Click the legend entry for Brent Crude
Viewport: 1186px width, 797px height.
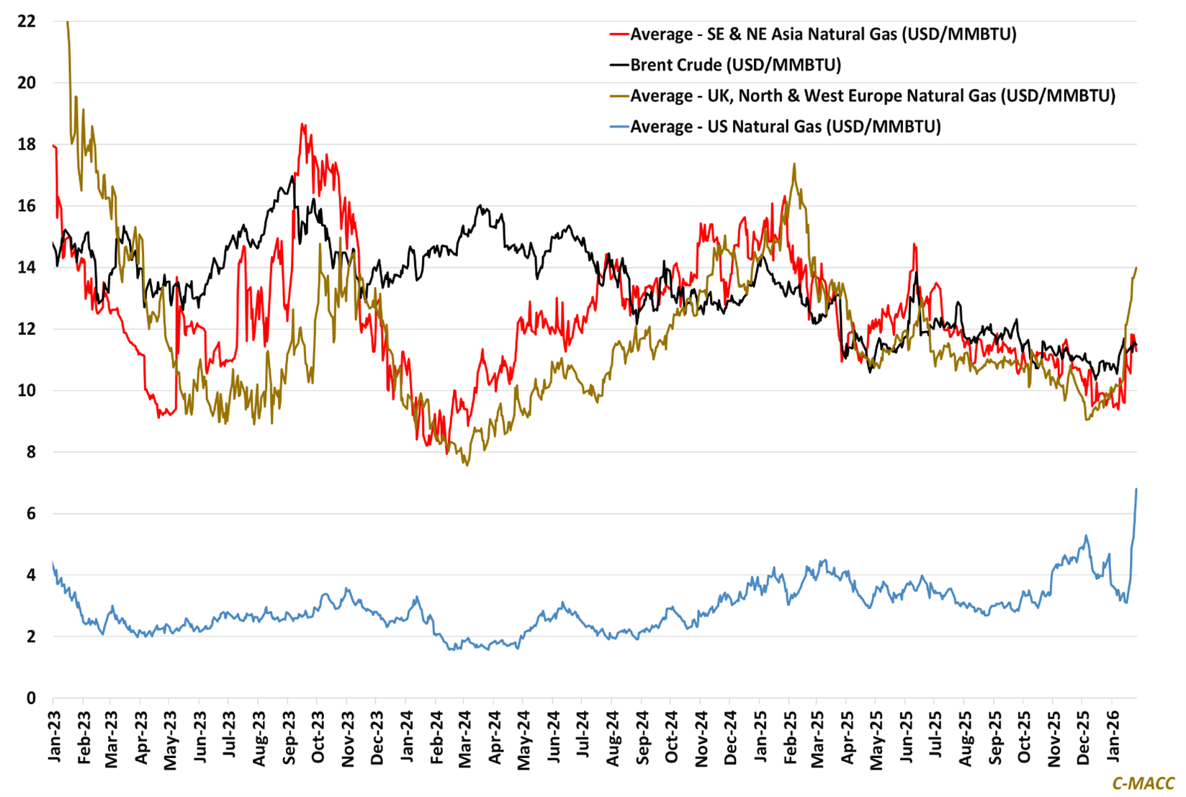(x=735, y=65)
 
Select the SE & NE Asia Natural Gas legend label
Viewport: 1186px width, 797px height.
(x=823, y=34)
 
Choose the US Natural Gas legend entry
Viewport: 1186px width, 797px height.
(x=786, y=127)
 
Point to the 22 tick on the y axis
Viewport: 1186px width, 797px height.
(x=27, y=22)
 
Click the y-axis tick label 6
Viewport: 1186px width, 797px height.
(x=31, y=514)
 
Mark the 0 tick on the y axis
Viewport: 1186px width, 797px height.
(x=31, y=698)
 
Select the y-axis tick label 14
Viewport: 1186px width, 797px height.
(x=27, y=268)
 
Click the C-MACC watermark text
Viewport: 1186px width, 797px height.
(x=1143, y=783)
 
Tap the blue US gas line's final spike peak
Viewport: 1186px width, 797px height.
(x=1136, y=490)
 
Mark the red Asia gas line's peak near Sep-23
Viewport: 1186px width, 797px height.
(x=302, y=125)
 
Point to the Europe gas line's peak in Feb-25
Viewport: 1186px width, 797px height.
(x=794, y=164)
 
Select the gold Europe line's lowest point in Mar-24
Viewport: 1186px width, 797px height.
(x=467, y=465)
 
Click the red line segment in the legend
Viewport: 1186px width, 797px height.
(x=619, y=35)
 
